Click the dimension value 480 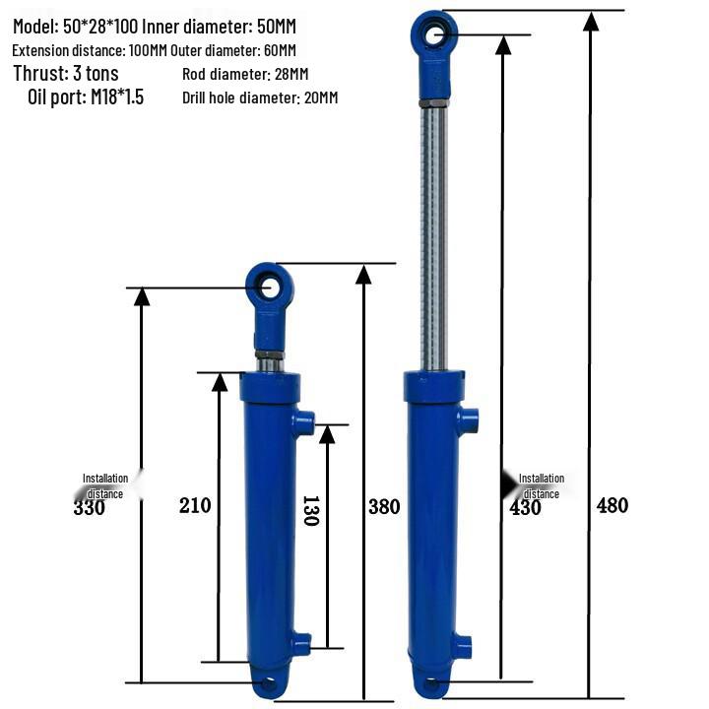tap(612, 506)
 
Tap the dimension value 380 tap(384, 507)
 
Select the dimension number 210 tap(195, 506)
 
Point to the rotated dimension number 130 tap(310, 510)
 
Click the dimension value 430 tap(525, 507)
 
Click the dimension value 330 tap(90, 507)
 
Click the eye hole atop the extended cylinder tap(431, 35)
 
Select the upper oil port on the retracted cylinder tap(303, 424)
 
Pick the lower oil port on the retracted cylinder tap(301, 645)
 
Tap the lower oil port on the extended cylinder tap(463, 645)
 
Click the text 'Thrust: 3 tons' tap(66, 74)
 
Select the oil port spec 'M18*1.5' tap(113, 97)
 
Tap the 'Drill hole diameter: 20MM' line tap(260, 98)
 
